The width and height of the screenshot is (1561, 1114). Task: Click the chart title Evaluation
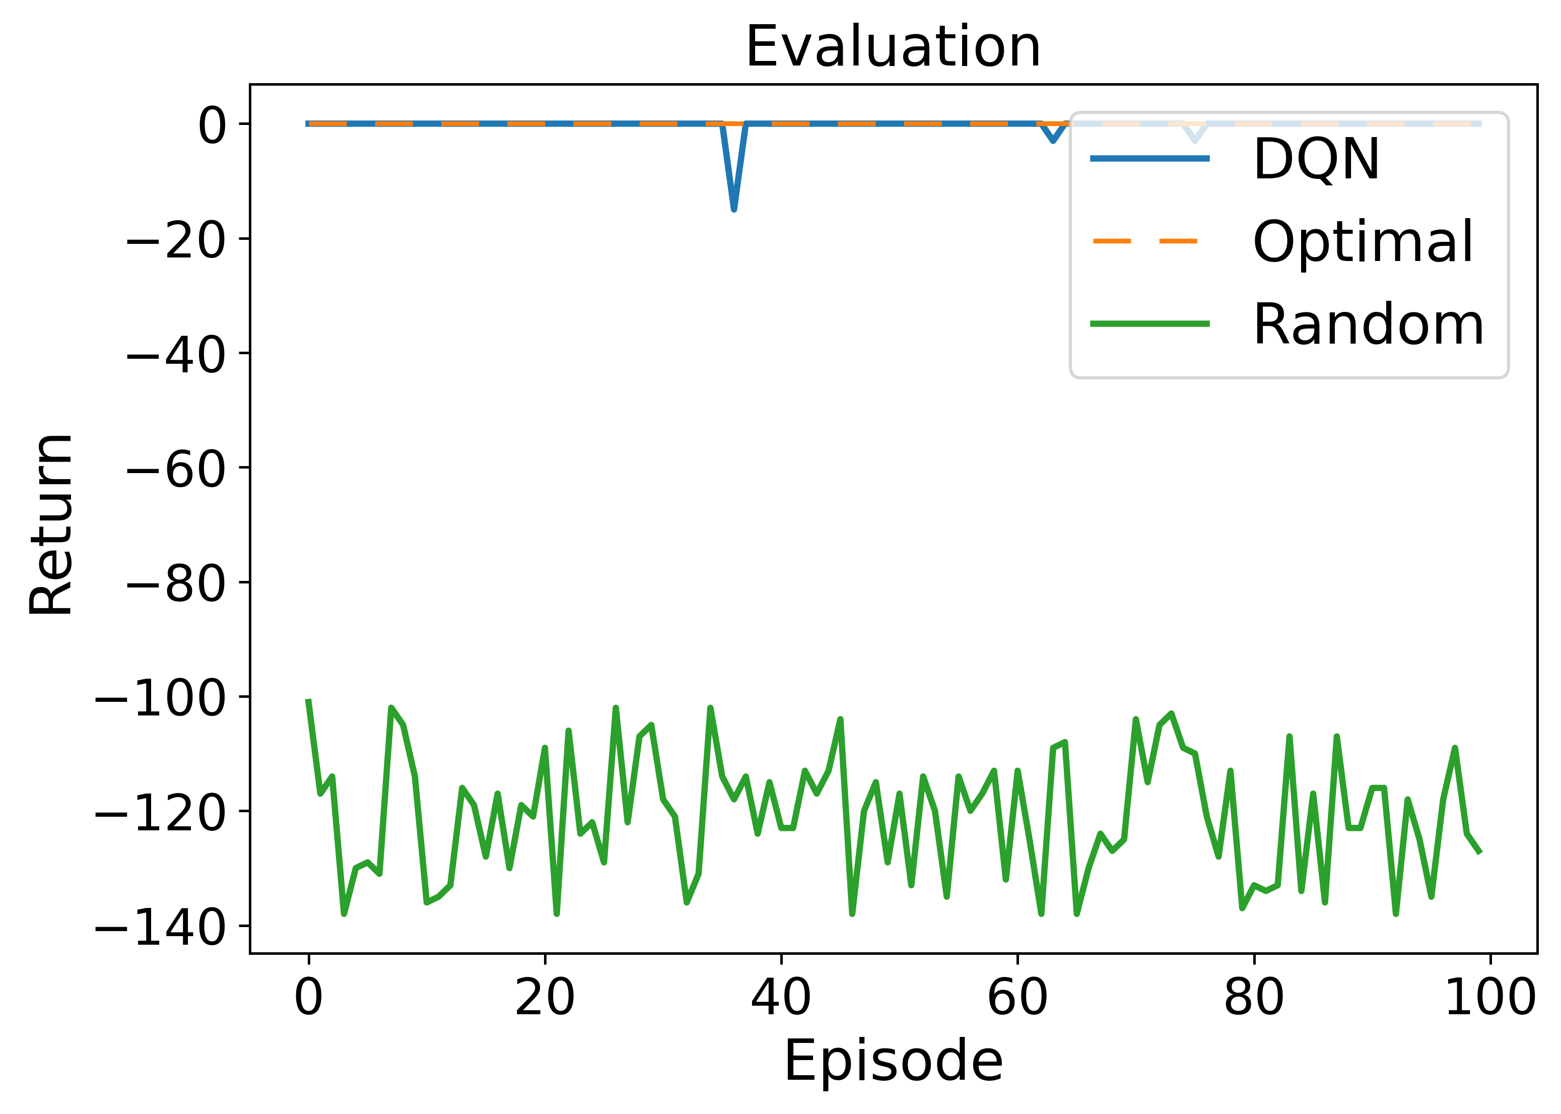[893, 47]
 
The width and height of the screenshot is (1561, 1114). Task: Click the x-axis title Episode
[893, 1061]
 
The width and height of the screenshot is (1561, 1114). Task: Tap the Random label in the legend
[1368, 324]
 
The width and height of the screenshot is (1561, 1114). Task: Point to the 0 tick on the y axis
[211, 125]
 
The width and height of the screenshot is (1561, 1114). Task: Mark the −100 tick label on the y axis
[159, 699]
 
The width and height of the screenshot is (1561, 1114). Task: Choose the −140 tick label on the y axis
[159, 928]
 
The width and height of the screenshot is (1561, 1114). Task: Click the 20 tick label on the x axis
[545, 998]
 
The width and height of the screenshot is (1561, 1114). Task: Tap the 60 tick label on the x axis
[1017, 998]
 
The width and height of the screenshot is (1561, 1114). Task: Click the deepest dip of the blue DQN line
[734, 209]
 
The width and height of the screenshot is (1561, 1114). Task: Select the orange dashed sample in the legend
[1149, 241]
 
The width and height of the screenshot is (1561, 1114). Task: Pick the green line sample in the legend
[1149, 324]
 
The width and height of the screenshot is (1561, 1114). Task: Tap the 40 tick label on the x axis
[781, 998]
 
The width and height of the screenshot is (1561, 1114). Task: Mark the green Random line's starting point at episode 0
[309, 700]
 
